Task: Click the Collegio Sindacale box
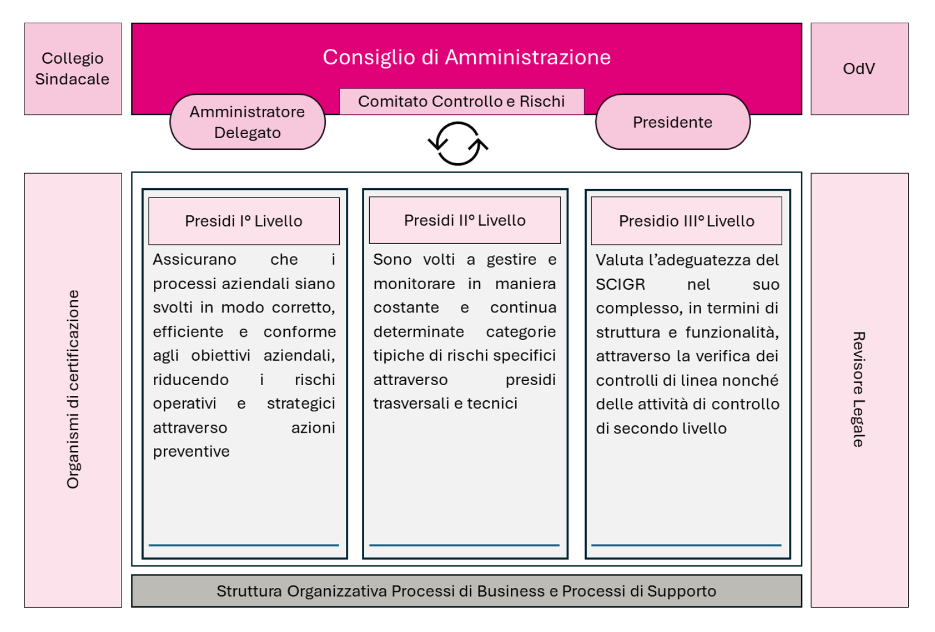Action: click(73, 68)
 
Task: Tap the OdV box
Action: click(859, 68)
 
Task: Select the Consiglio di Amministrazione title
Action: click(466, 57)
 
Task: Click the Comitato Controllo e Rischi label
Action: click(461, 101)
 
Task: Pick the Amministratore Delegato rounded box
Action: click(248, 122)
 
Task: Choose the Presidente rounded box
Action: click(672, 122)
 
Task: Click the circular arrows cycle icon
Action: click(458, 144)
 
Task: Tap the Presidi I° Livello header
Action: click(244, 221)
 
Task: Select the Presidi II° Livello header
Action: click(464, 220)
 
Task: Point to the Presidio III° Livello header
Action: click(686, 221)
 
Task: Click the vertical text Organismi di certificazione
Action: click(73, 389)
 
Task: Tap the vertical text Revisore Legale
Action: click(859, 389)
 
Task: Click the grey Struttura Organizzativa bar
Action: click(466, 591)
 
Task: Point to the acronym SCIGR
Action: click(620, 284)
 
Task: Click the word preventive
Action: click(191, 452)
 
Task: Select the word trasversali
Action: click(411, 403)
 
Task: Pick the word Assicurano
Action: click(194, 260)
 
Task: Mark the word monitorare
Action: click(414, 284)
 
